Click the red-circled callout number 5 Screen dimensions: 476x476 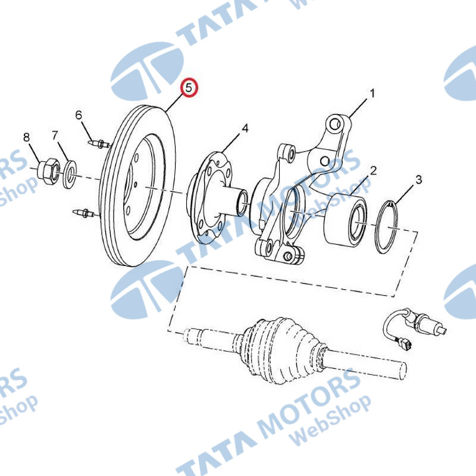[189, 88]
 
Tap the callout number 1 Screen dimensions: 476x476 [372, 93]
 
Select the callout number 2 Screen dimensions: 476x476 [373, 171]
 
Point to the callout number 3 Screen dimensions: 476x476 [419, 180]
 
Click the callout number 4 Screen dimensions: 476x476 [245, 129]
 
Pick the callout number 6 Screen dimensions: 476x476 [79, 115]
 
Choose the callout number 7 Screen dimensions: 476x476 [55, 136]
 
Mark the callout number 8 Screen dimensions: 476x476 [27, 137]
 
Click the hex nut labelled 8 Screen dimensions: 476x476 [48, 171]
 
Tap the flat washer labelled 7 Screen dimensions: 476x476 [70, 174]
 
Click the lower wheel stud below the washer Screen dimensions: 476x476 [84, 213]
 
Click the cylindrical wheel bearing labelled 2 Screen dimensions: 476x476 [345, 220]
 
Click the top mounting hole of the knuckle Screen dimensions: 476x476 [334, 124]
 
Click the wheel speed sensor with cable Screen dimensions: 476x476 [413, 328]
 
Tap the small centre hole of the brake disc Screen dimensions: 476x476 [136, 184]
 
